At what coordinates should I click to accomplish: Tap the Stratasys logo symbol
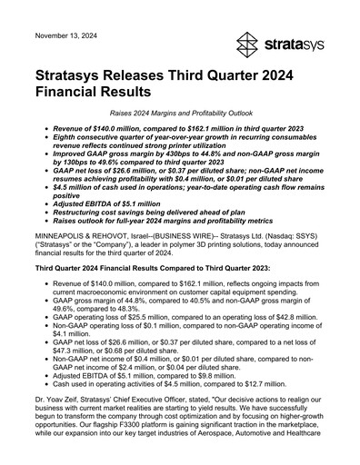(x=248, y=44)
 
